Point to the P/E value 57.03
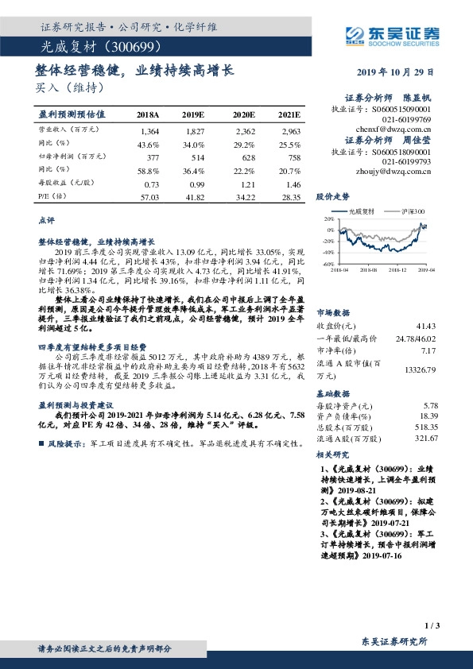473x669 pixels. [149, 197]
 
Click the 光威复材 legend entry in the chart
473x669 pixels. [362, 211]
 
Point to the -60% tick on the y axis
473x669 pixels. [328, 264]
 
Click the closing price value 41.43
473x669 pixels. [425, 326]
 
